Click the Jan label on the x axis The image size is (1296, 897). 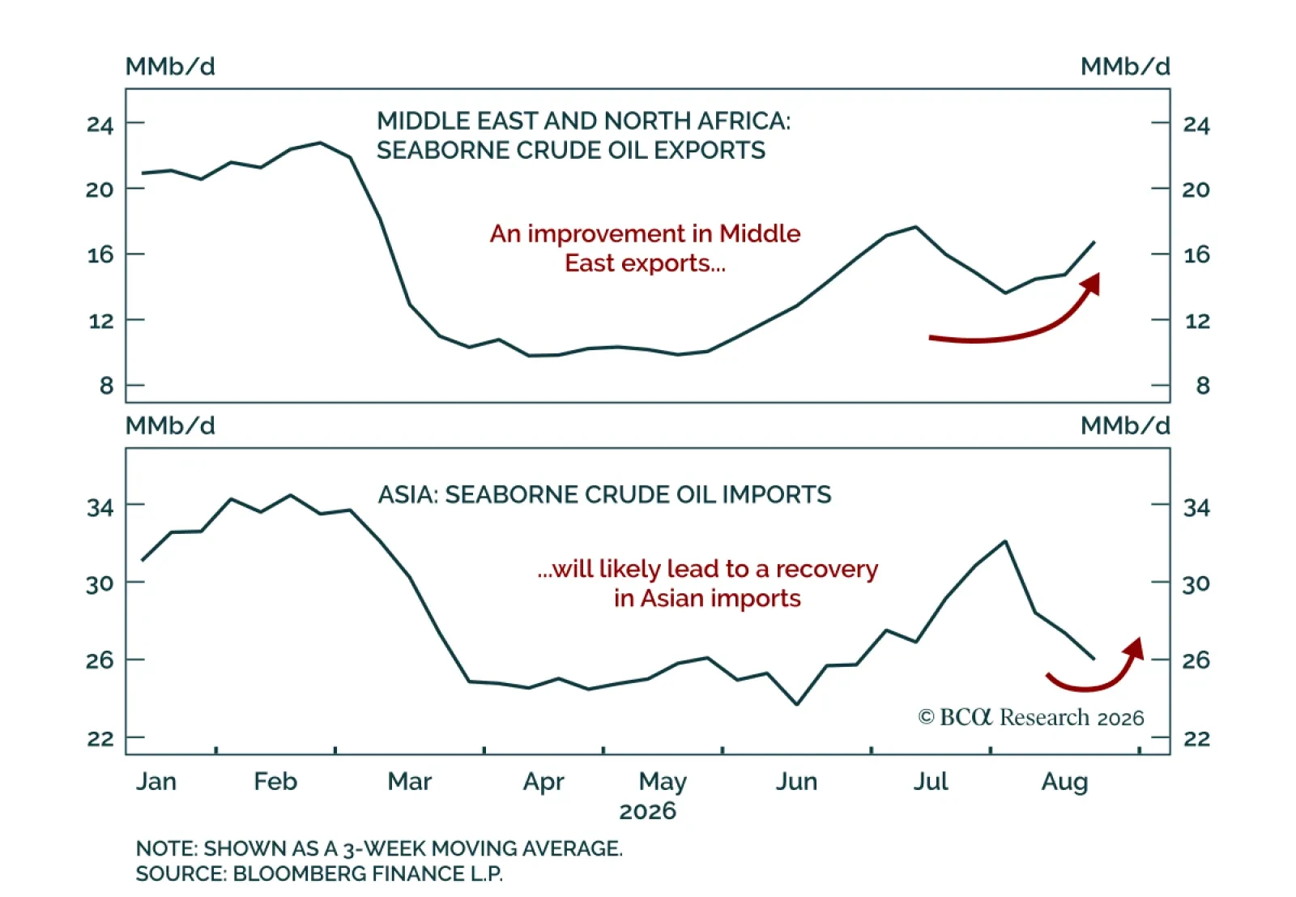tap(156, 782)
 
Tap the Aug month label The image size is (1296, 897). tap(1064, 783)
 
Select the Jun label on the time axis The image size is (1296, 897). tap(796, 782)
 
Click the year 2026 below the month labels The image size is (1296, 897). tap(647, 811)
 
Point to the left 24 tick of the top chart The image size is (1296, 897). tap(100, 125)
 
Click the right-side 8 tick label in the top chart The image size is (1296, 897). tap(1203, 386)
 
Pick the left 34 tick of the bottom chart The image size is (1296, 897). tap(100, 507)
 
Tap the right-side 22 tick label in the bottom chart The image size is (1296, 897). tap(1196, 738)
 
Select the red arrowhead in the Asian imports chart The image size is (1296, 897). tap(1135, 649)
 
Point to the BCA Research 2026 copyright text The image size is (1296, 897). tap(1031, 718)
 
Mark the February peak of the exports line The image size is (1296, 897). tap(321, 143)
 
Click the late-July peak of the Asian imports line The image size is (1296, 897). tap(1005, 541)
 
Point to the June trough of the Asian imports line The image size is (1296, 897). tap(797, 704)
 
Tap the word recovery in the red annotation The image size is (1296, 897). tap(827, 570)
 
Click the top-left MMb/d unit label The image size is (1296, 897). tap(170, 66)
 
